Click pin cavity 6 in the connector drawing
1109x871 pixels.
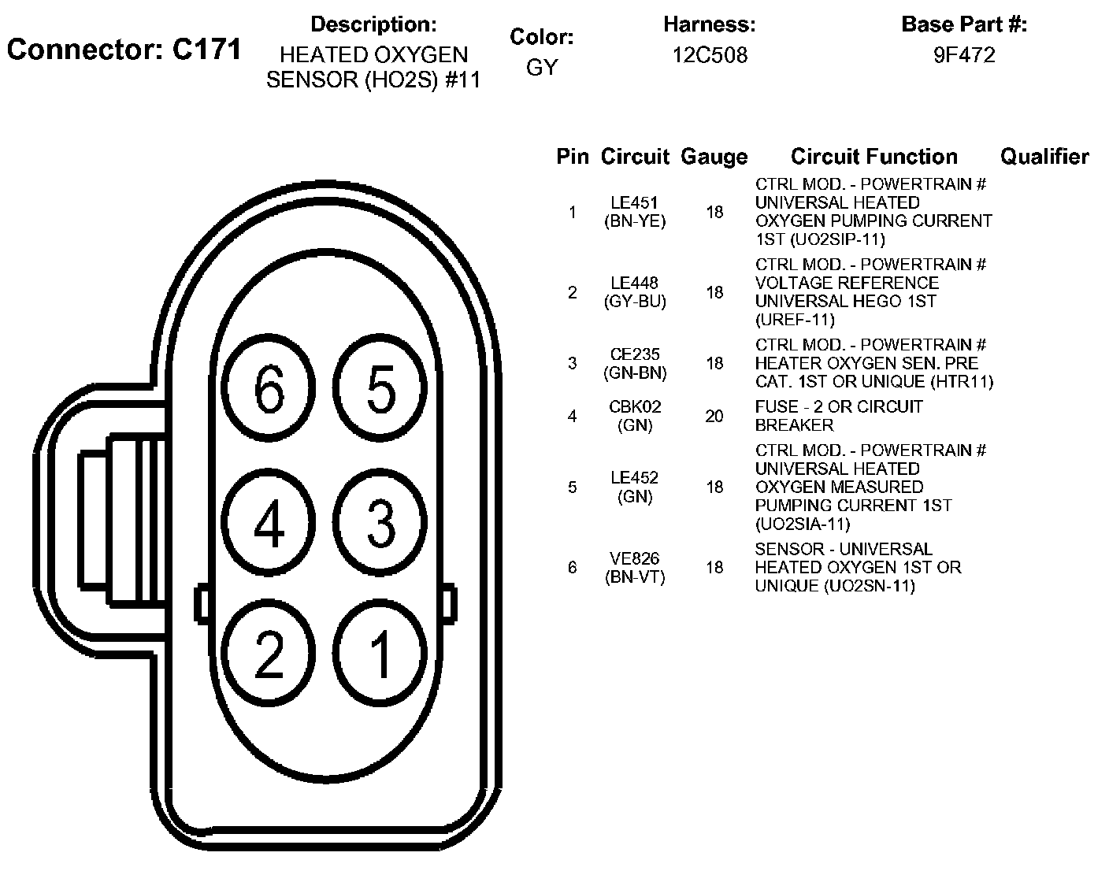click(269, 389)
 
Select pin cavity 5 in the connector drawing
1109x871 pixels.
click(381, 389)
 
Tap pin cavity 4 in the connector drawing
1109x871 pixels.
click(269, 523)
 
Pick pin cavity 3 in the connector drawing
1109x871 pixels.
click(381, 523)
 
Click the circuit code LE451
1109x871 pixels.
click(634, 203)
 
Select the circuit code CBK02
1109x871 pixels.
click(635, 407)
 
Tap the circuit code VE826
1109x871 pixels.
click(634, 558)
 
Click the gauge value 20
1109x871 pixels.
click(714, 416)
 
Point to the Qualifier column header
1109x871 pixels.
click(1044, 157)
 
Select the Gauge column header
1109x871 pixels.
click(714, 157)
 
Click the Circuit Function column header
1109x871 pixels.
click(873, 157)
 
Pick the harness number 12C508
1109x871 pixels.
click(710, 55)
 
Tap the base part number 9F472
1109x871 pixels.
click(964, 55)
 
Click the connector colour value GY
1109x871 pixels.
click(541, 68)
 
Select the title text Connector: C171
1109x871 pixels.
click(124, 50)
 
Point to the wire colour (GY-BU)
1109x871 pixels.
click(635, 302)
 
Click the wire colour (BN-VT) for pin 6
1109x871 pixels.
click(635, 577)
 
